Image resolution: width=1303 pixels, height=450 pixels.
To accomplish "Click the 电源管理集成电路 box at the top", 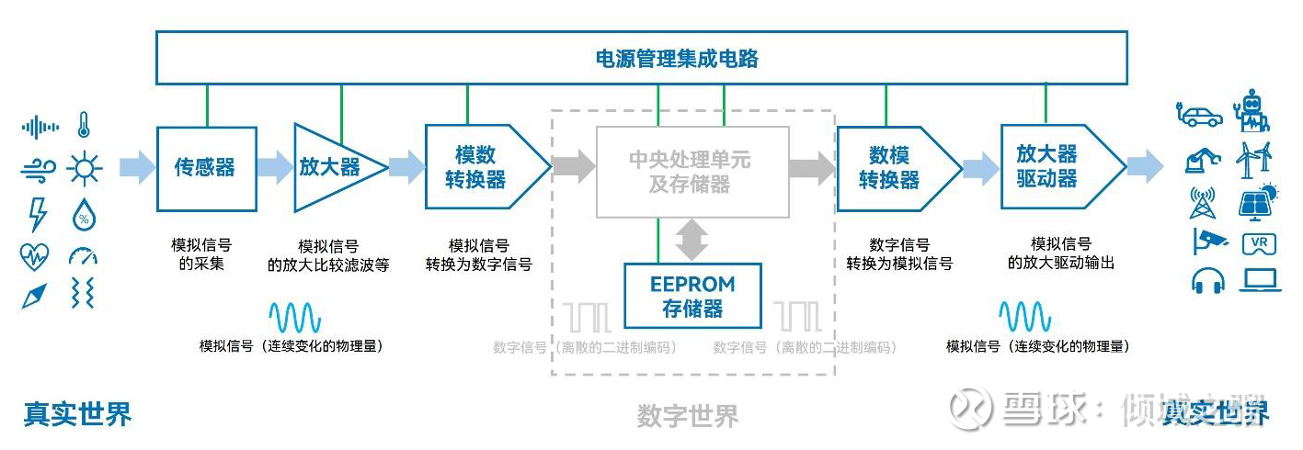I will click(x=641, y=58).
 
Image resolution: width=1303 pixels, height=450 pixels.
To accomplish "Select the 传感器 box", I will click(x=206, y=167).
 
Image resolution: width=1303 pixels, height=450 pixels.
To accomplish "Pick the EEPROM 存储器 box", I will click(x=692, y=296).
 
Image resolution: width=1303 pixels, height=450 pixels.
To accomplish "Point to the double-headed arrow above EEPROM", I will click(x=692, y=239).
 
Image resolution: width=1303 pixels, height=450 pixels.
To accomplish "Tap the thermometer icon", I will click(x=84, y=125).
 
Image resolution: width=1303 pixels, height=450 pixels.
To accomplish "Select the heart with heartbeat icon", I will click(x=35, y=255).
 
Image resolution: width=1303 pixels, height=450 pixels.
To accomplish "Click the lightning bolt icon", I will click(x=38, y=214).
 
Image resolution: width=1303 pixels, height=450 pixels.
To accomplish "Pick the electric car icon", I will click(x=1200, y=116).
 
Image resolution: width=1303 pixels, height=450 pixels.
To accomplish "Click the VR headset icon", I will click(x=1259, y=243).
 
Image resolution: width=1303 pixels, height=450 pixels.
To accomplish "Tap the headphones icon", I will click(x=1207, y=280).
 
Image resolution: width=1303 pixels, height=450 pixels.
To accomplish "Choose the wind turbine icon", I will click(x=1254, y=160).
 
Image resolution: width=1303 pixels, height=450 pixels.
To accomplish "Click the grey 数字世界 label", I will click(x=687, y=416).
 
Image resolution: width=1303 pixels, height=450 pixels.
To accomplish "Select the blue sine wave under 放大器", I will click(x=295, y=318).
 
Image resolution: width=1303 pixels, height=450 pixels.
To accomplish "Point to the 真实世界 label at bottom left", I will click(x=78, y=413).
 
